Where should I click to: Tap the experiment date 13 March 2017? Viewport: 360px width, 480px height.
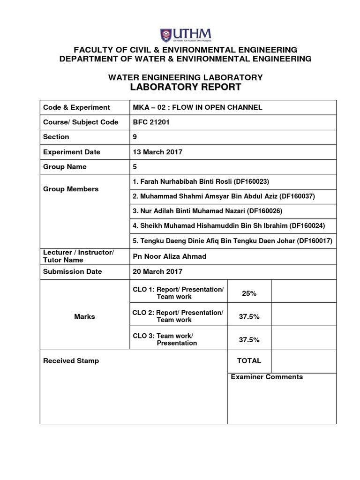coord(158,152)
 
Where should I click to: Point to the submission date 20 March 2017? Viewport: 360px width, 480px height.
coord(158,271)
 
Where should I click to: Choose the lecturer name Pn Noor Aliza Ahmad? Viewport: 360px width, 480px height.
coord(170,256)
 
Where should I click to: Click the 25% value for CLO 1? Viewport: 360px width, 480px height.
coord(249,293)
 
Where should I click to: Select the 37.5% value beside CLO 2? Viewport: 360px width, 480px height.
coord(249,316)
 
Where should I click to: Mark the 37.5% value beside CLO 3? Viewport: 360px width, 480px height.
coord(249,340)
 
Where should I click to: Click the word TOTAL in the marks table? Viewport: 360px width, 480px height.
coord(249,361)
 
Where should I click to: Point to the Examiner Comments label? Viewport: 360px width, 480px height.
coord(266,377)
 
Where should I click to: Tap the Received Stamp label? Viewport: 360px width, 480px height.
coord(71,361)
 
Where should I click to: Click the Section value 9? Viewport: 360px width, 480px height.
coord(135,137)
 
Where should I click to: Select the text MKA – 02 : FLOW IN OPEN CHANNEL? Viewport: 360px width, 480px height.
coord(198,107)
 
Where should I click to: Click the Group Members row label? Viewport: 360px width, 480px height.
coord(71,189)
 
